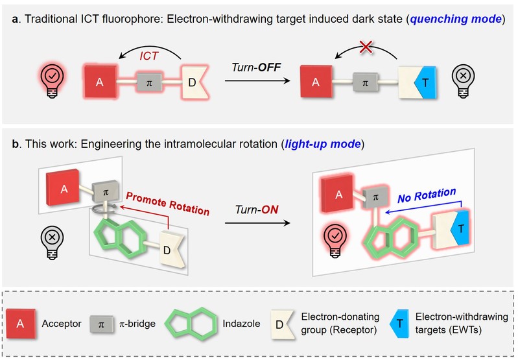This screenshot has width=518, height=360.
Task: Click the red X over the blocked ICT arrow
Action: click(x=366, y=47)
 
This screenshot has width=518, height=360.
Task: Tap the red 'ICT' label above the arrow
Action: click(x=149, y=56)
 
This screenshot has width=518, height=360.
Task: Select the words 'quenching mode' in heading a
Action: click(x=456, y=19)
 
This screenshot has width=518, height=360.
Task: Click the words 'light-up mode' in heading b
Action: click(x=322, y=144)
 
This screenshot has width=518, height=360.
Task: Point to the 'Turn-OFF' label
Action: click(x=256, y=67)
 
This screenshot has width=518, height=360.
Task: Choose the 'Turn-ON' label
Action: click(x=257, y=210)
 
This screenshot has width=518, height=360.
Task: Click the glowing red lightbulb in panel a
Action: click(x=52, y=81)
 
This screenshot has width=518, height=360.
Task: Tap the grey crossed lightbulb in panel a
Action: click(x=463, y=81)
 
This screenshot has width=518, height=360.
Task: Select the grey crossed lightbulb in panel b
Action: click(x=53, y=243)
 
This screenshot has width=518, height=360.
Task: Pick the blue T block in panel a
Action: click(x=425, y=82)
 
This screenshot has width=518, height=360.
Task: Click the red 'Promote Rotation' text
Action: click(x=167, y=203)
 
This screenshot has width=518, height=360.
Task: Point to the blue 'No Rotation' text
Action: click(x=427, y=195)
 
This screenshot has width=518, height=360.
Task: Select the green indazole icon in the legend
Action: click(x=191, y=323)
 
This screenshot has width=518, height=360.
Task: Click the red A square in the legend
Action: click(x=21, y=324)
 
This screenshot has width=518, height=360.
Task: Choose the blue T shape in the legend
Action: click(x=399, y=324)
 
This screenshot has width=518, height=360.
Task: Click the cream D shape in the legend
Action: click(x=283, y=324)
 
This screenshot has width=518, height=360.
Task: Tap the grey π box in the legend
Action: click(x=102, y=324)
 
